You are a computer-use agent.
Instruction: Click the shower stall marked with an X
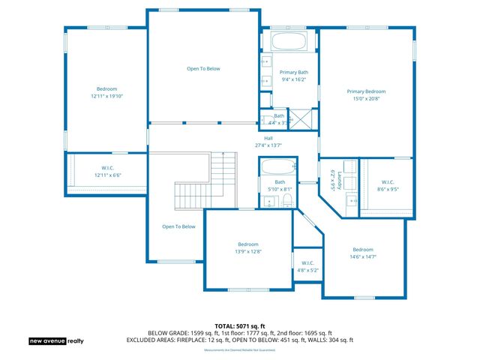301,118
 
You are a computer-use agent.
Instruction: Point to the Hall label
268,138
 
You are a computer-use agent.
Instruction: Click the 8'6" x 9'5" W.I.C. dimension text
387,189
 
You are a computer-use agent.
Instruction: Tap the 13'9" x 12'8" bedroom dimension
248,251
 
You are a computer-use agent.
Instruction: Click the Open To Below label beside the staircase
178,226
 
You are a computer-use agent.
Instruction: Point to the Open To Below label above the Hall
203,68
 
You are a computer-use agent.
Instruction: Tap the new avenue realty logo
56,341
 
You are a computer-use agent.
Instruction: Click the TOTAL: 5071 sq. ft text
239,326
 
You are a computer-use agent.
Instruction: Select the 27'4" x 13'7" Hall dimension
268,145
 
